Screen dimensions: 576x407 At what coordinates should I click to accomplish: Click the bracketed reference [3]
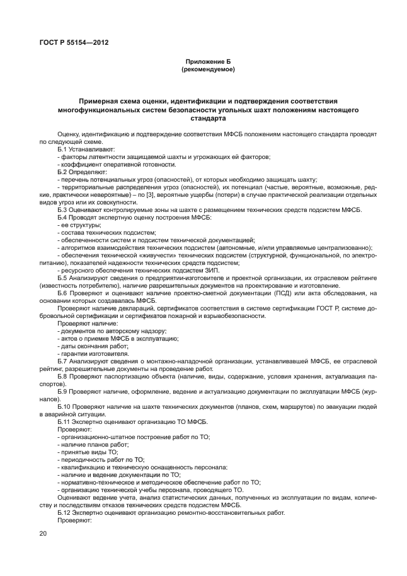point(169,195)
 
